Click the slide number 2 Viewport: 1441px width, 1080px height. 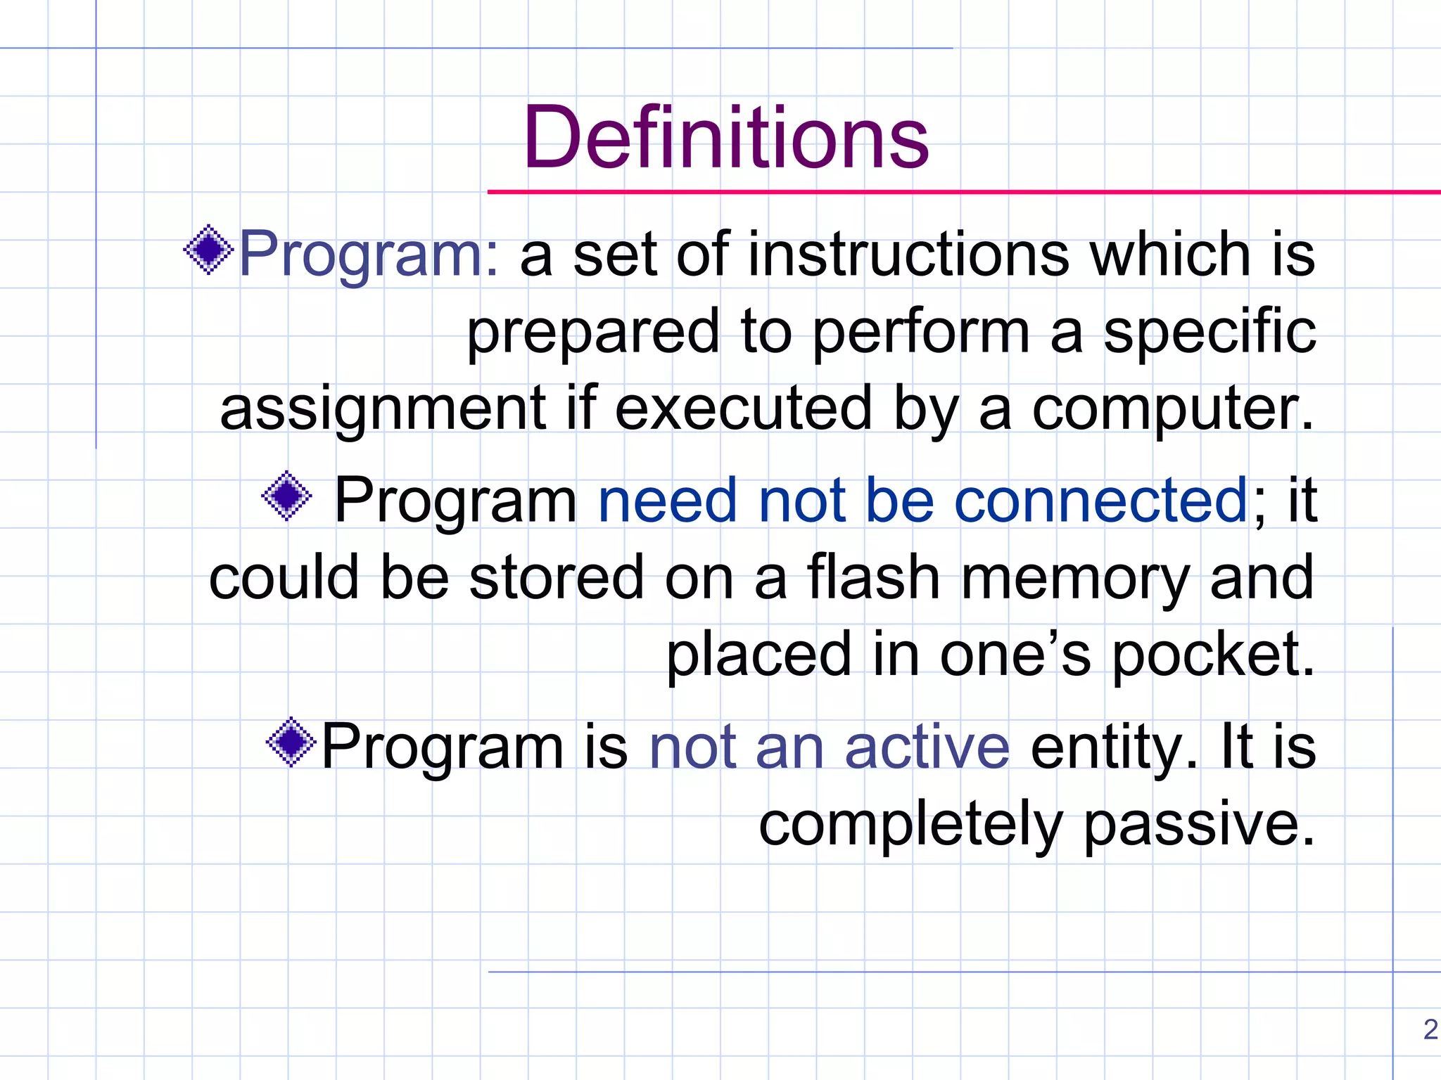(x=1430, y=1029)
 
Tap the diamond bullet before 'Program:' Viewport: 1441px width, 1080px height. (x=208, y=250)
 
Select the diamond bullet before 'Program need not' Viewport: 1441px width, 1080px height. (x=286, y=496)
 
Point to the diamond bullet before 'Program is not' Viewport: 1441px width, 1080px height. (x=291, y=742)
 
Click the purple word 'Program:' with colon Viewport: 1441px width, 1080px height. (x=369, y=255)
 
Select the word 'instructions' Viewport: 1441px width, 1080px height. (x=908, y=254)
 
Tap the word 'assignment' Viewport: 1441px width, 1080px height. (x=383, y=409)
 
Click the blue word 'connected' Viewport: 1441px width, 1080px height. (x=1100, y=500)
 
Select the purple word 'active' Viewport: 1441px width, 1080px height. (x=927, y=747)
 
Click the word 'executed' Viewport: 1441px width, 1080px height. (x=743, y=409)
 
